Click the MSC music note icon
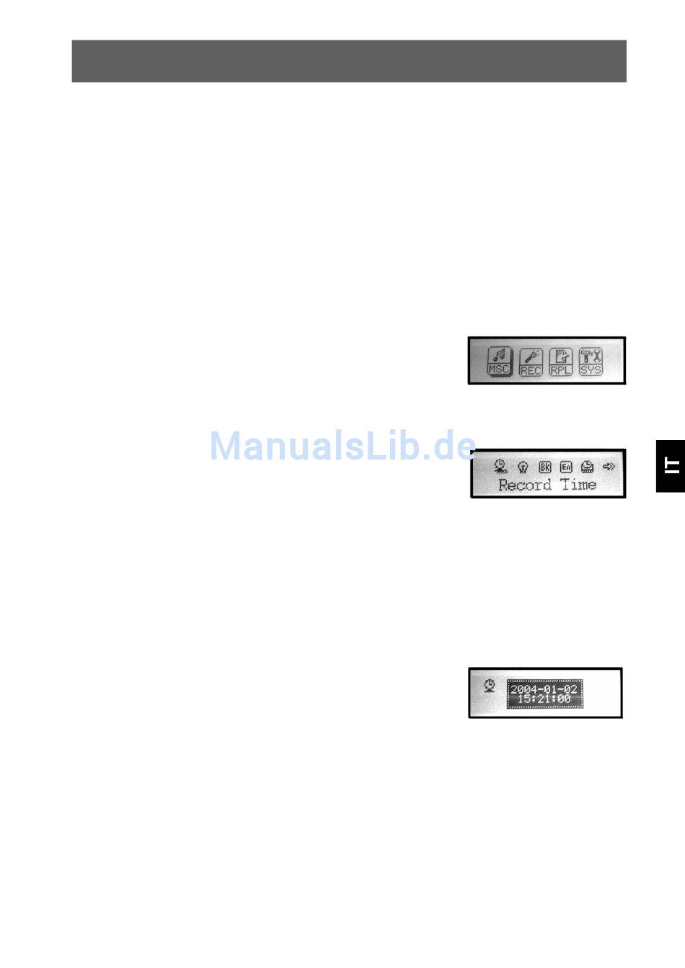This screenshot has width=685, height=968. (x=499, y=359)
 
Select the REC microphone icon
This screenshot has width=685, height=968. (x=531, y=360)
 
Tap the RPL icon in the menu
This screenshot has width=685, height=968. (x=561, y=360)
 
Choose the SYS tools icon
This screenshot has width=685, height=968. (x=591, y=360)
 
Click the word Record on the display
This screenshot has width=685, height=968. (x=525, y=485)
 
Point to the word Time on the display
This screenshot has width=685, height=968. (x=578, y=485)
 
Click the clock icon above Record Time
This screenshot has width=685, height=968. (x=501, y=467)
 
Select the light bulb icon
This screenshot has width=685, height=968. (x=523, y=467)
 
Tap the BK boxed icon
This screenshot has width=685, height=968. (x=545, y=467)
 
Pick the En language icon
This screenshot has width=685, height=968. (x=566, y=467)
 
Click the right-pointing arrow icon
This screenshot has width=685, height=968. (x=609, y=467)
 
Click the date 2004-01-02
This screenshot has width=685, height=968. (x=544, y=689)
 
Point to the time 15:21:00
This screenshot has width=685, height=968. (x=544, y=699)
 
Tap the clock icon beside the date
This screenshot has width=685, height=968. (x=490, y=685)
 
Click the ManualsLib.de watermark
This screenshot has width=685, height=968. (x=342, y=446)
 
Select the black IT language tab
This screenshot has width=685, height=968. (x=671, y=466)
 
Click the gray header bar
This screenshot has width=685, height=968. (x=349, y=61)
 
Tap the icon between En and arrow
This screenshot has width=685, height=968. (x=588, y=467)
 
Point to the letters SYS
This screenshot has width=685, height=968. (x=591, y=370)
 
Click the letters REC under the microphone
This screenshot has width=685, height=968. (x=531, y=371)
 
